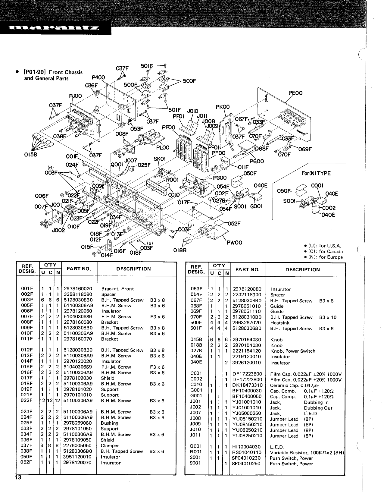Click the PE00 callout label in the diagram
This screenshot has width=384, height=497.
pyautogui.click(x=295, y=93)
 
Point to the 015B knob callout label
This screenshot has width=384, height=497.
pyautogui.click(x=30, y=156)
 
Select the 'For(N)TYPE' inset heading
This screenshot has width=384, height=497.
pyautogui.click(x=316, y=173)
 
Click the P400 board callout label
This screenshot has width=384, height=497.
pyautogui.click(x=98, y=77)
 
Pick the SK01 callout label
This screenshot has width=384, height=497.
pyautogui.click(x=159, y=159)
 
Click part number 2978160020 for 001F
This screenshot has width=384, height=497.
pyautogui.click(x=78, y=288)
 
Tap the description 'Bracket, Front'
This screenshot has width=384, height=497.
pyautogui.click(x=117, y=288)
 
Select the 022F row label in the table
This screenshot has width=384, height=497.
pyautogui.click(x=27, y=401)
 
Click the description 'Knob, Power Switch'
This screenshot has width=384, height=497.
pyautogui.click(x=293, y=351)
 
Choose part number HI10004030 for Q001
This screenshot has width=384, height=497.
pyautogui.click(x=247, y=447)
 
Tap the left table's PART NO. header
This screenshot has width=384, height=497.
pyautogui.click(x=79, y=269)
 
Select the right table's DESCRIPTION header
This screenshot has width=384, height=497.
pyautogui.click(x=302, y=269)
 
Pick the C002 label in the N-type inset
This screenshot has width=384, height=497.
pyautogui.click(x=329, y=208)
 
